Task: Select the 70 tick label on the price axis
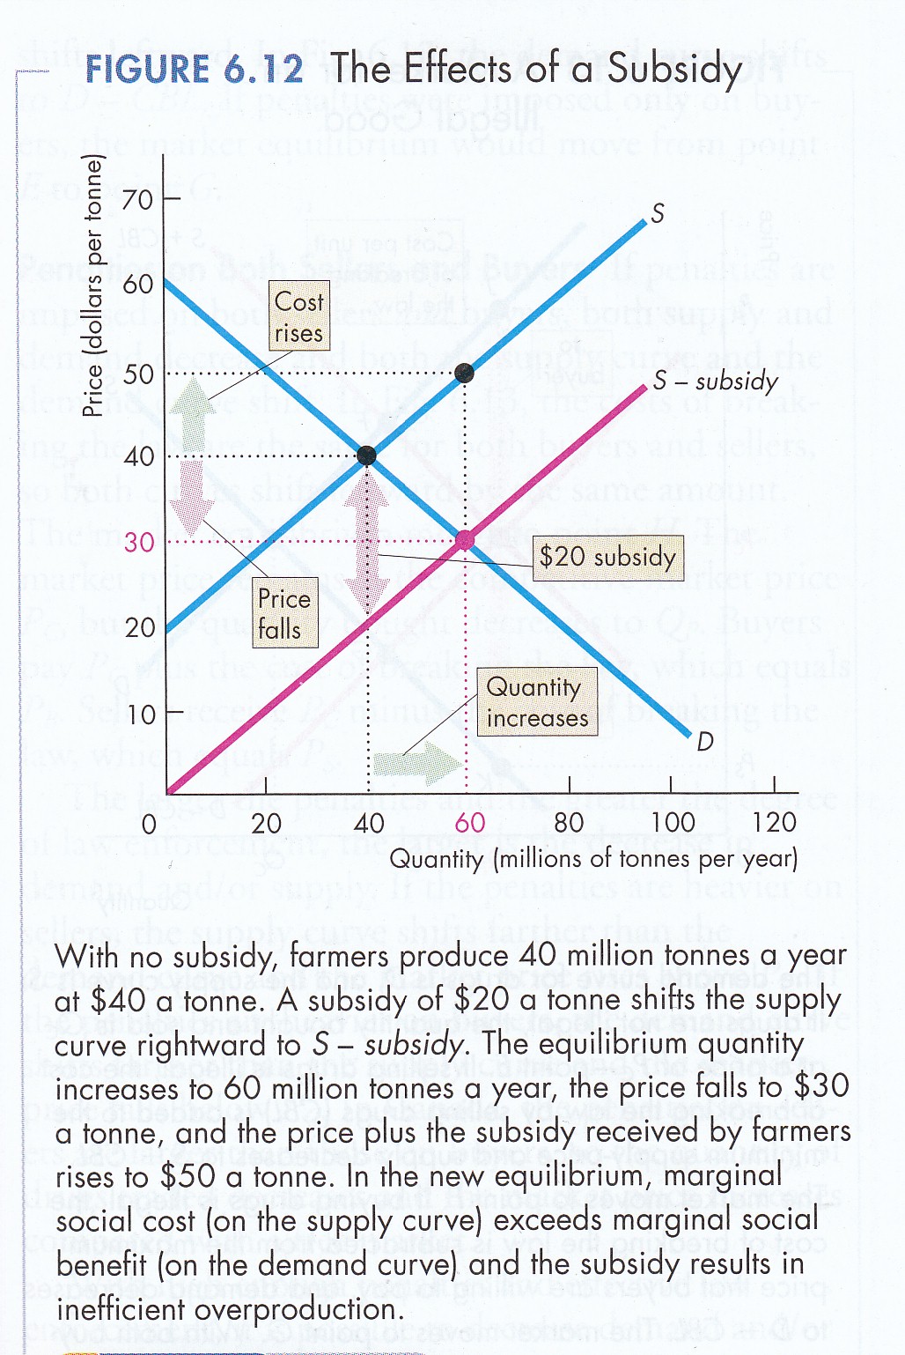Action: point(137,199)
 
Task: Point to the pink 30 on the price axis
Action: point(139,542)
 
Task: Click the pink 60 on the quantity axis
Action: point(469,823)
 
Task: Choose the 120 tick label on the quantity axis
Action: point(774,823)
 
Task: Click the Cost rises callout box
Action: point(298,317)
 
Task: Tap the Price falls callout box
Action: point(283,613)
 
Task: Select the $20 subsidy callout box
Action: point(607,557)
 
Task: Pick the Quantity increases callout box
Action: point(536,702)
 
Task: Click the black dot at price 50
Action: point(465,374)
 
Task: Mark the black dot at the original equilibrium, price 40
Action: point(366,455)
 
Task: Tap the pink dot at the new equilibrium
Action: point(465,540)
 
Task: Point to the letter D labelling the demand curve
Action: point(704,743)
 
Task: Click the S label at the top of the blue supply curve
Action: point(658,214)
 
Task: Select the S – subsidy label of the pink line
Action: point(715,381)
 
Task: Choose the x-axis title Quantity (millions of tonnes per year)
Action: point(593,858)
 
